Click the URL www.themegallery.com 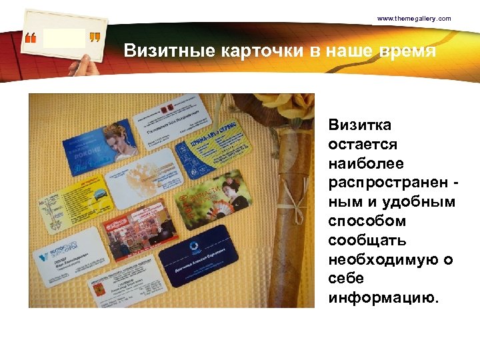click(x=413, y=19)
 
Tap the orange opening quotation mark click(x=31, y=39)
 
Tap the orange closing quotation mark click(x=95, y=39)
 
